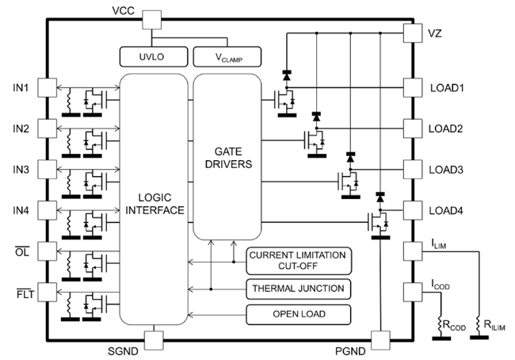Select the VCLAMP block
(224, 56)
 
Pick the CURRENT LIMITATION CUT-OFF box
(297, 260)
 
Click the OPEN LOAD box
(297, 315)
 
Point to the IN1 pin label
(21, 86)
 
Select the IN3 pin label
(21, 170)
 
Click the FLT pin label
(21, 295)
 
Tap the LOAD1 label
(447, 86)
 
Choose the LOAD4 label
(447, 211)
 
